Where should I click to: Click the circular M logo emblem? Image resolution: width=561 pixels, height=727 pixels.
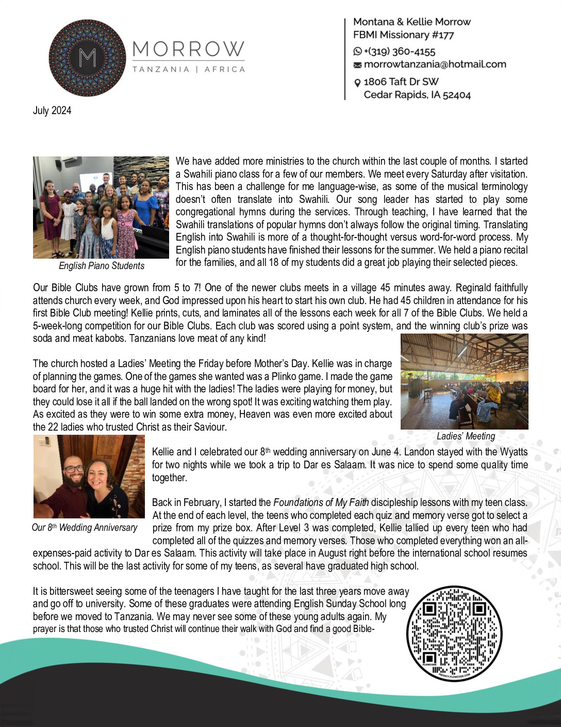point(87,58)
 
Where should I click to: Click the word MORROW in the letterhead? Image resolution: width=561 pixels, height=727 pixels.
point(188,50)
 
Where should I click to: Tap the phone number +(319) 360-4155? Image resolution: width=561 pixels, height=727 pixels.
point(400,52)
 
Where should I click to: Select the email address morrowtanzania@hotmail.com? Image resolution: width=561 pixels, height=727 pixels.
point(435,65)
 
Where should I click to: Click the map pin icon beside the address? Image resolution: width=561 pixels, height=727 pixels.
point(357,83)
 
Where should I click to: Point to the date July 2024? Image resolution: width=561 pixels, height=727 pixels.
point(52,110)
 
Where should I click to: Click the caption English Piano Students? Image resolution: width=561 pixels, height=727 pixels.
point(102,266)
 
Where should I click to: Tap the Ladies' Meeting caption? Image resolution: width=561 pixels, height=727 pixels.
point(466,436)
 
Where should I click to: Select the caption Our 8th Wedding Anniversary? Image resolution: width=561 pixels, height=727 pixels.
point(85,528)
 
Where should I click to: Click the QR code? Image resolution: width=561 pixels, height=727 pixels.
point(454,633)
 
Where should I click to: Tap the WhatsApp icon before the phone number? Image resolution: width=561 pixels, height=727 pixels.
point(357,52)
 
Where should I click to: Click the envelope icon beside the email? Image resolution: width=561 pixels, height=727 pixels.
point(357,65)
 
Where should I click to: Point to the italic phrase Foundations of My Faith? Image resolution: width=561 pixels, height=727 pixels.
point(321,502)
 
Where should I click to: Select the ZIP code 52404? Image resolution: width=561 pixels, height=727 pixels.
point(457,95)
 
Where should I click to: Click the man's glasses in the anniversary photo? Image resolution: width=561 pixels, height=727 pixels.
point(74,469)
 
